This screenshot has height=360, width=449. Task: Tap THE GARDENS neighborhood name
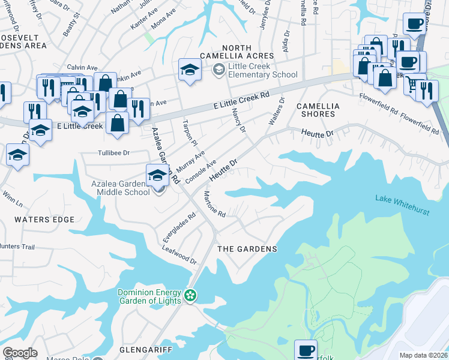point(247,249)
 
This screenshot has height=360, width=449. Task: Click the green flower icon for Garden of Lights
point(190,295)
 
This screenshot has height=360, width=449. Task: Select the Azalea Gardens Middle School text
point(120,188)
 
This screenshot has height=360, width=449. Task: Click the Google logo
point(20,353)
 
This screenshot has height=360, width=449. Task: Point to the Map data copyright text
point(423,355)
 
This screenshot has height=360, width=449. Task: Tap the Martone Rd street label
point(214,205)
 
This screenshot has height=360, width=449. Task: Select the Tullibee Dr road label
point(113,153)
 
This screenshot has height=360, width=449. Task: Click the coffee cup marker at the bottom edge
point(306,349)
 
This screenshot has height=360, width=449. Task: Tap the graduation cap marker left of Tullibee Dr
point(17,155)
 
